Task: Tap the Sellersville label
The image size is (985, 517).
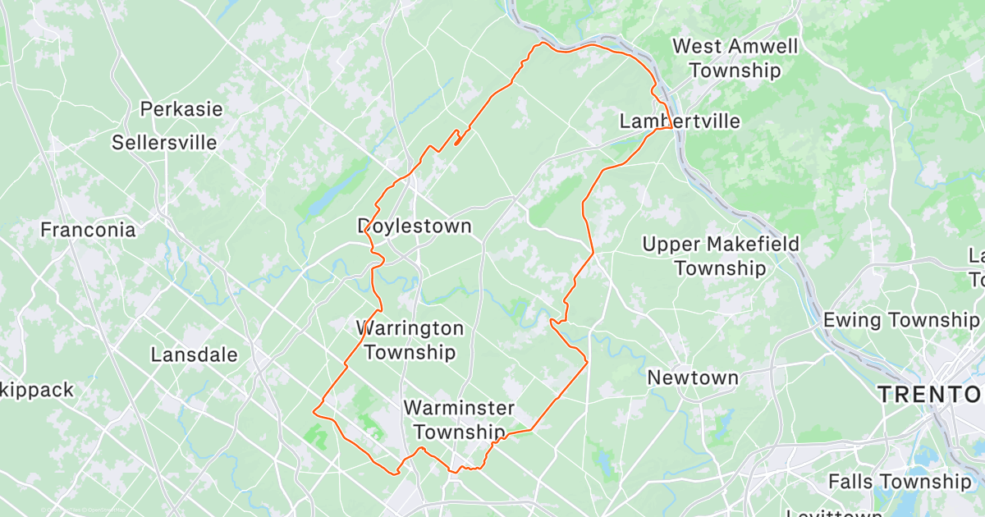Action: point(165,142)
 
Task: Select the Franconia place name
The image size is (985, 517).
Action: point(88,230)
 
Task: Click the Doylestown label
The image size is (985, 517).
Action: point(415,226)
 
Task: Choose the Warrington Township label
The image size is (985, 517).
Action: point(410,341)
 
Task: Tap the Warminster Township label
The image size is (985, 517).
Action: point(459,419)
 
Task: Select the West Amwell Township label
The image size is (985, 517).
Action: point(735,57)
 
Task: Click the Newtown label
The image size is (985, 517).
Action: point(693,377)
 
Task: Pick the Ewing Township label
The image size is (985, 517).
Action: point(901,319)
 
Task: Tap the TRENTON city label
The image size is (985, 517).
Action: point(930,395)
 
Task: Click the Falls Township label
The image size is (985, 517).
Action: point(899,481)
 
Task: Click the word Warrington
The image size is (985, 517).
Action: point(410,328)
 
